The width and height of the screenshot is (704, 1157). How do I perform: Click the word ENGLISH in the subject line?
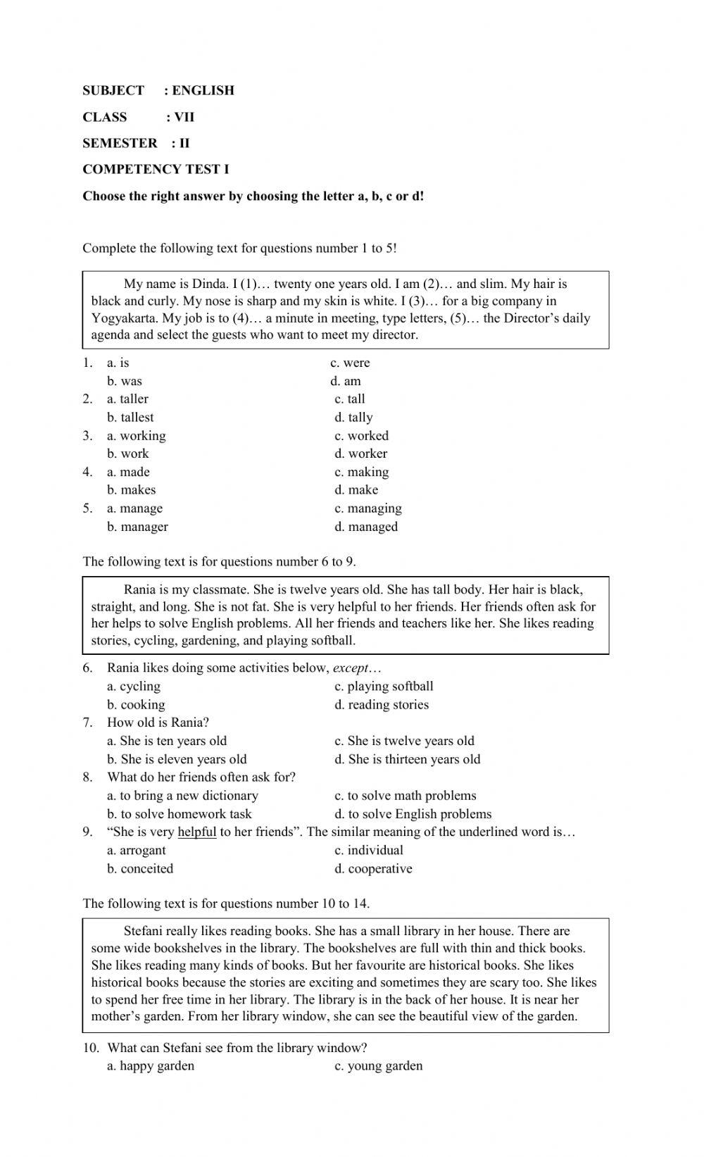coord(203,90)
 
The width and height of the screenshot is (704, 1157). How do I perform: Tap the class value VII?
coord(184,117)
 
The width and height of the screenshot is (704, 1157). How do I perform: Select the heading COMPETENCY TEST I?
coord(156,169)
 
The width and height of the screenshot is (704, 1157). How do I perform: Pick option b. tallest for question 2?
coord(130,417)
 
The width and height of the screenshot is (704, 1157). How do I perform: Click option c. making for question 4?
coord(361,472)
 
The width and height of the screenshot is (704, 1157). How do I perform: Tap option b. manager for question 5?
coord(137,526)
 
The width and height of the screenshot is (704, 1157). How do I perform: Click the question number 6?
coord(87,668)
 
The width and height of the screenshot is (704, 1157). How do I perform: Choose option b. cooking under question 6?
coord(136,704)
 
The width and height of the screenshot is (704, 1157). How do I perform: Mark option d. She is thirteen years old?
coord(407,759)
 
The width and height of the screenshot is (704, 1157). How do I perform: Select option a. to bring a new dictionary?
coord(182,795)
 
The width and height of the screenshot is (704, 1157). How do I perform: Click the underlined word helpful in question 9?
coord(196,832)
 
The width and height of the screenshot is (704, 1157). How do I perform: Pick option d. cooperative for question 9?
coord(373,868)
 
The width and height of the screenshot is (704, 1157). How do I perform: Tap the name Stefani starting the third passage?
coord(146,931)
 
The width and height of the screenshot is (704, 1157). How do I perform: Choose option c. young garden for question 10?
coord(378,1065)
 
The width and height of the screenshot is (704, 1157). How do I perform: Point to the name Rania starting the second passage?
coord(140,589)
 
